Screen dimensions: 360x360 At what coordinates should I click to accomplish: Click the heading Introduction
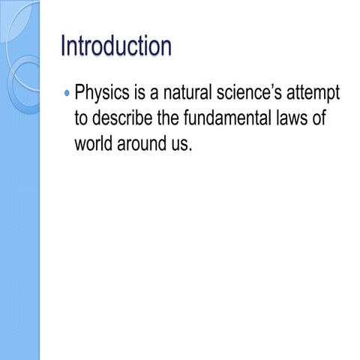click(x=115, y=46)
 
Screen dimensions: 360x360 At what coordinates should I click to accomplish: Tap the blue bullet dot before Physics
click(x=67, y=94)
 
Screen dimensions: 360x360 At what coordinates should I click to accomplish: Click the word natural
click(x=192, y=94)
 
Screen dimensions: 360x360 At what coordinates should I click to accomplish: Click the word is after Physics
click(x=142, y=94)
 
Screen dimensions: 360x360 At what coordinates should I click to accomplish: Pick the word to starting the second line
click(x=82, y=118)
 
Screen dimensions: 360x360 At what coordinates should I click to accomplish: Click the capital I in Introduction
click(x=63, y=46)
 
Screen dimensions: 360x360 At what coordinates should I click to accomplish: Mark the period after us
click(x=191, y=148)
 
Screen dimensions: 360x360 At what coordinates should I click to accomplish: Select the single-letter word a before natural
click(x=157, y=95)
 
